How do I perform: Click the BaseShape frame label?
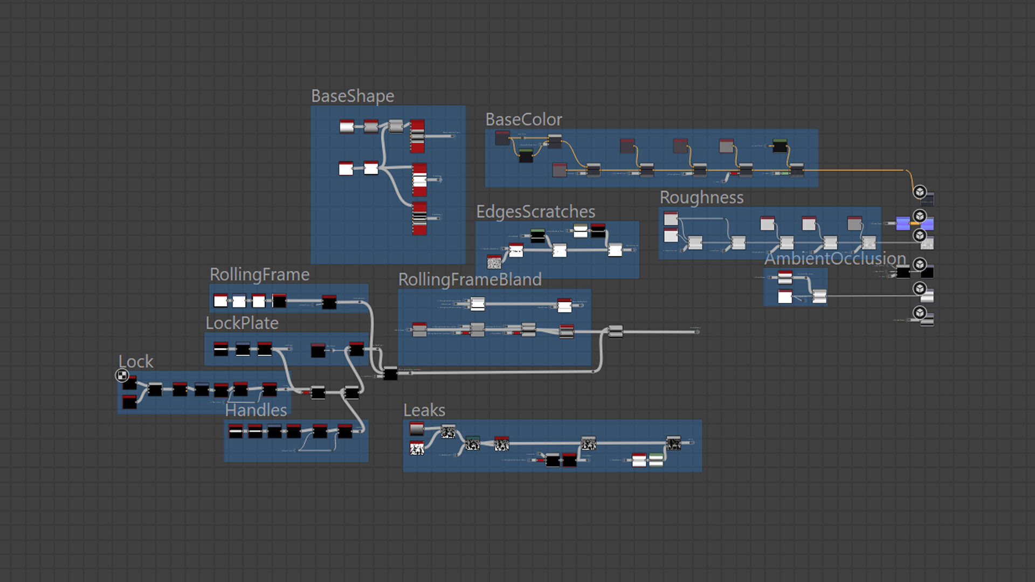(x=353, y=96)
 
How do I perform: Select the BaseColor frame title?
(x=523, y=119)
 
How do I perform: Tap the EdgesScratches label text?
(x=535, y=211)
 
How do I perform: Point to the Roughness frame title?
(x=701, y=197)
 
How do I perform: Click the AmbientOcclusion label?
(x=834, y=259)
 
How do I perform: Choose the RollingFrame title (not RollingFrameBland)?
(x=259, y=274)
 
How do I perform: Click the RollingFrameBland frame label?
(x=470, y=279)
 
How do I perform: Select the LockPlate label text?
(x=242, y=323)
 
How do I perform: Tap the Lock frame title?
(x=136, y=361)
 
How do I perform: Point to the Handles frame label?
(x=256, y=410)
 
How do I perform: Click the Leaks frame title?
(x=424, y=410)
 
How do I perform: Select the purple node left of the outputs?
(x=903, y=223)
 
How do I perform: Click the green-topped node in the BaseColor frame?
(x=779, y=145)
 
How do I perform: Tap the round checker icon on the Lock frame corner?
(x=122, y=375)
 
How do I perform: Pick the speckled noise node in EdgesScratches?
(x=494, y=262)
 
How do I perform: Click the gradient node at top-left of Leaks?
(x=417, y=429)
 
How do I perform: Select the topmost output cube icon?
(x=920, y=192)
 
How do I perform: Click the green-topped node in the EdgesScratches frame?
(x=537, y=235)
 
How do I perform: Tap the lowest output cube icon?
(x=920, y=313)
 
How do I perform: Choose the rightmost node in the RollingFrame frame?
(x=329, y=302)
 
